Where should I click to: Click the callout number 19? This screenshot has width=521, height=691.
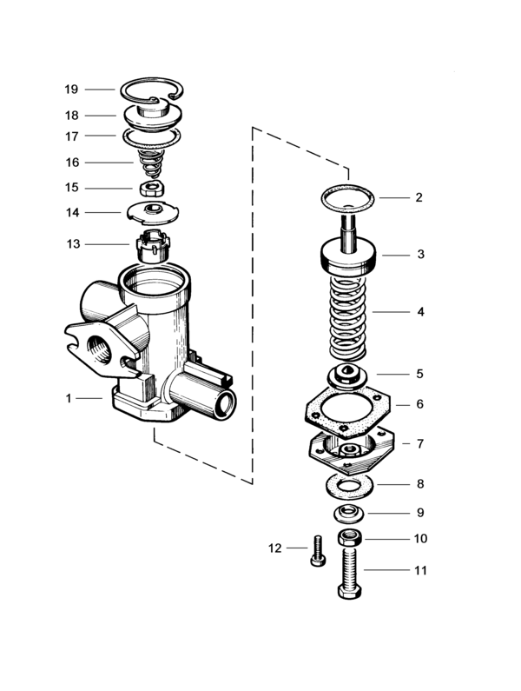(x=71, y=90)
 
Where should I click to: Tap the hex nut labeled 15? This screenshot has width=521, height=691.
(x=152, y=189)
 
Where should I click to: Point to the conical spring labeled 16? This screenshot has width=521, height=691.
(x=151, y=163)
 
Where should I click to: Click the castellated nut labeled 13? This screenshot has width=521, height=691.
(x=153, y=247)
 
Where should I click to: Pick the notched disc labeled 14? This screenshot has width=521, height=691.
(x=153, y=212)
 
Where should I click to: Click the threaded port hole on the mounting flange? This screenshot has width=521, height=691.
(x=99, y=349)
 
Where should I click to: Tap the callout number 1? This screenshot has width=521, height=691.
(x=69, y=398)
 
